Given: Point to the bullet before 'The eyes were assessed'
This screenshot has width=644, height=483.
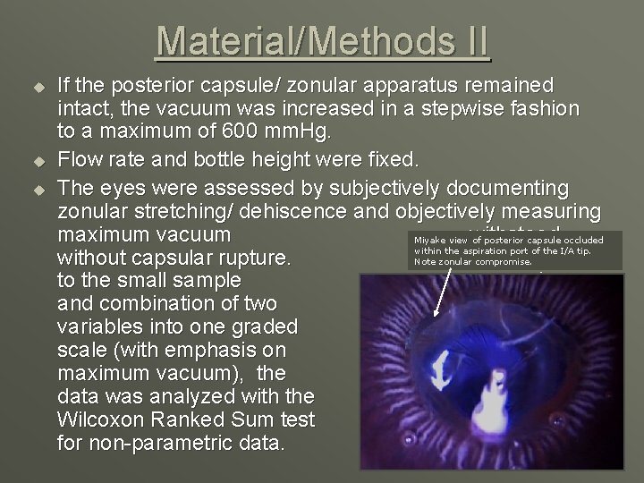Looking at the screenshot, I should pos(38,190).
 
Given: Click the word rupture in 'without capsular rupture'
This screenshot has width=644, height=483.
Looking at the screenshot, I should pos(253,259).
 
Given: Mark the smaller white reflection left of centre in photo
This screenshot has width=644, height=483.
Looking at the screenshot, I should pos(441,368).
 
